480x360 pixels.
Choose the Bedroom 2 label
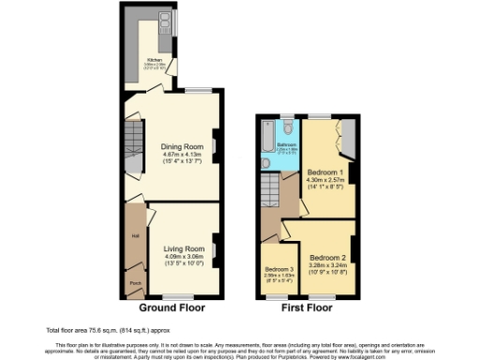[329, 257]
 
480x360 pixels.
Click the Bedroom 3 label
[278, 268]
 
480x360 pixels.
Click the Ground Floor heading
[172, 307]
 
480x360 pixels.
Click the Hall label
[136, 235]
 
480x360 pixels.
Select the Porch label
[135, 281]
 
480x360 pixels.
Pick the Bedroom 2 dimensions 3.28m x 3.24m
[329, 265]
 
